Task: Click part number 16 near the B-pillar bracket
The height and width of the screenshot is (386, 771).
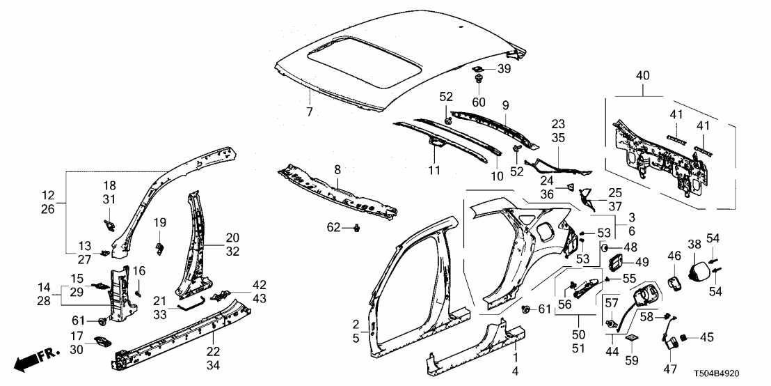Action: (139, 270)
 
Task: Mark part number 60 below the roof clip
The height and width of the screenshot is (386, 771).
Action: (479, 102)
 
